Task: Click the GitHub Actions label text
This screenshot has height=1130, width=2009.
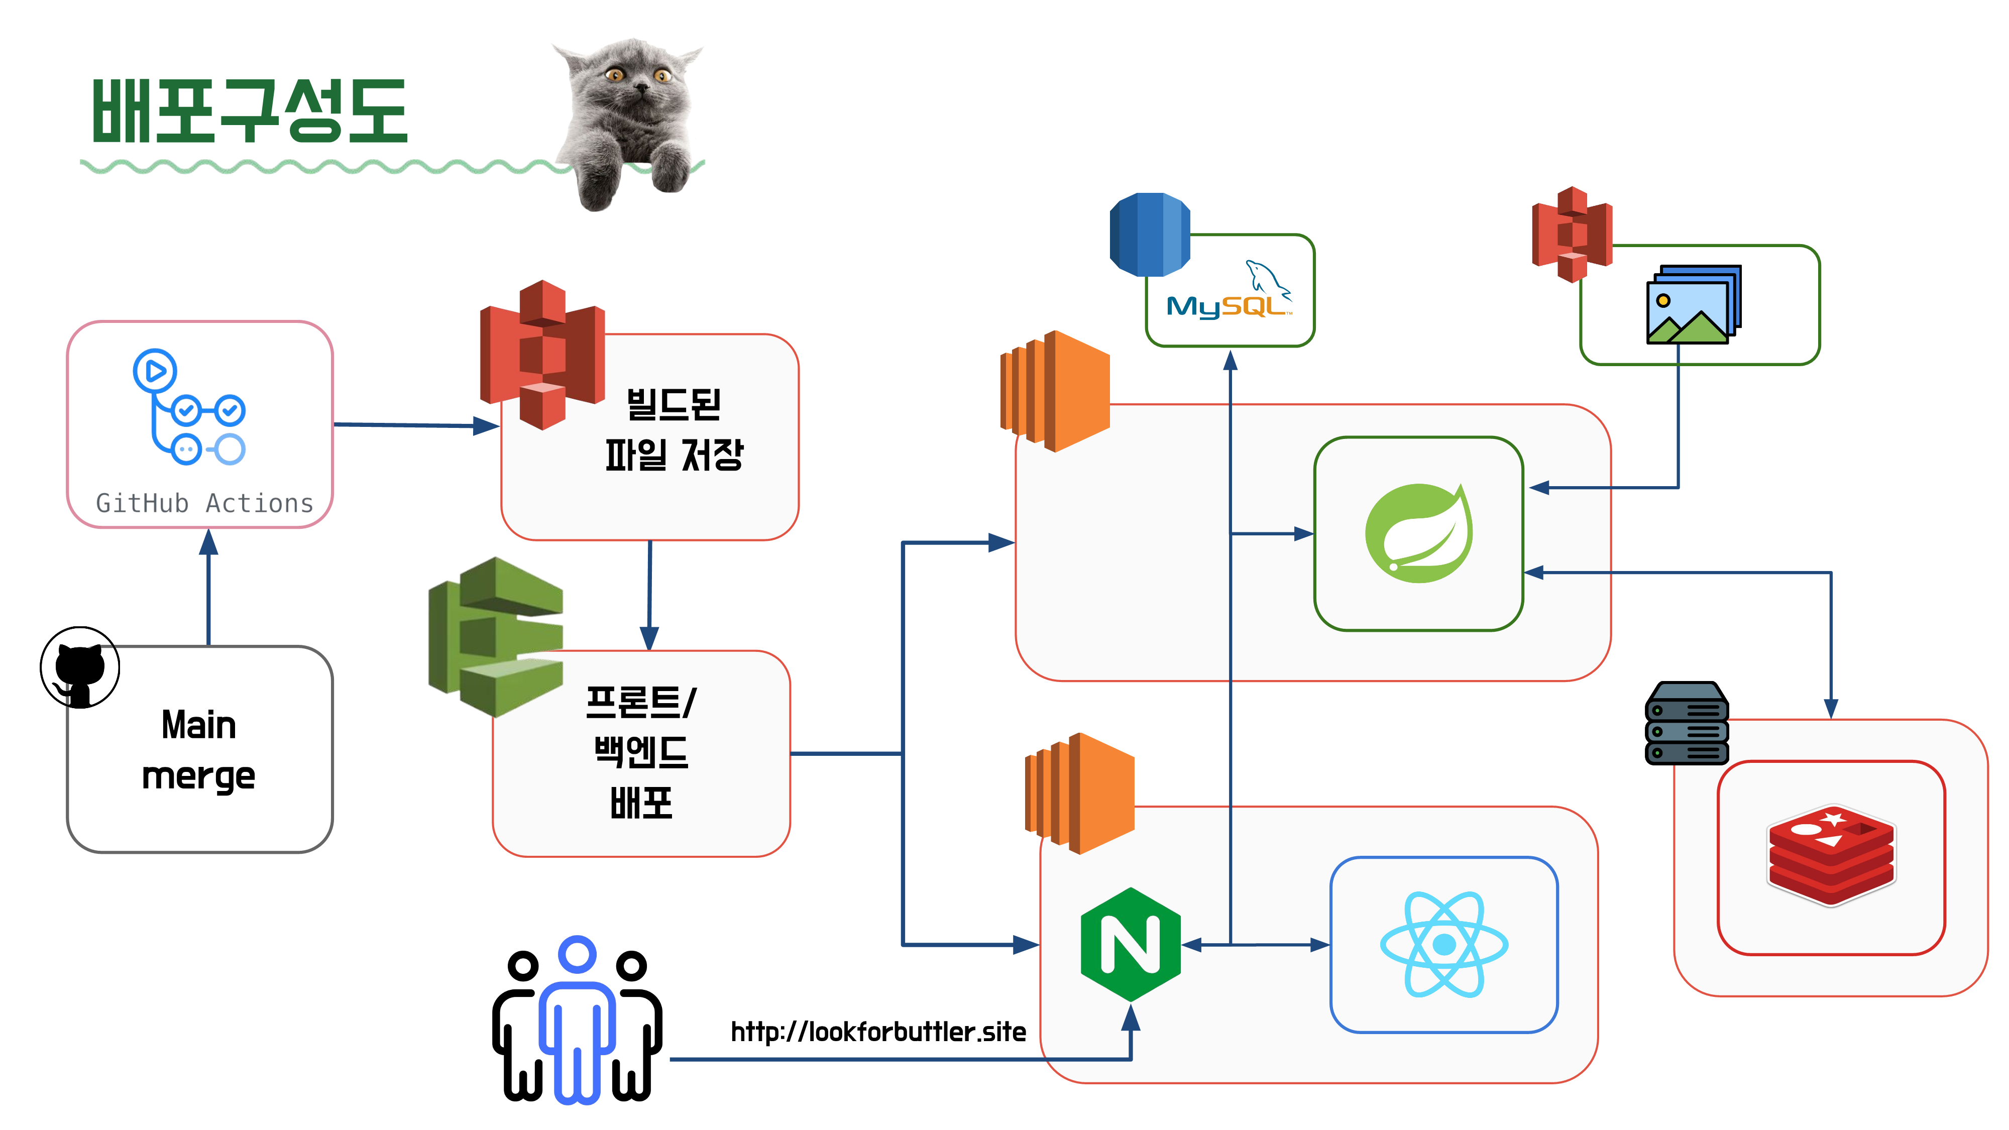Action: pyautogui.click(x=204, y=504)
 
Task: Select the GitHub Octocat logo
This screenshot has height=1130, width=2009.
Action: pyautogui.click(x=79, y=667)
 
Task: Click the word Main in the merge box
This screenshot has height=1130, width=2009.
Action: pyautogui.click(x=199, y=725)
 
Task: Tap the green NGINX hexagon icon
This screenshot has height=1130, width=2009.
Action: pyautogui.click(x=1130, y=944)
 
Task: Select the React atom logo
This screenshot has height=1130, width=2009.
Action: pyautogui.click(x=1443, y=944)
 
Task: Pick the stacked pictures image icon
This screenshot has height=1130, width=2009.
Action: pyautogui.click(x=1693, y=304)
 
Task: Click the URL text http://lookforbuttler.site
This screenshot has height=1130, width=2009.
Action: pyautogui.click(x=878, y=1032)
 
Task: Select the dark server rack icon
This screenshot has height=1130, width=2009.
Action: pyautogui.click(x=1686, y=723)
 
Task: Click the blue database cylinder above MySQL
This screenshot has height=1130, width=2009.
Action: pyautogui.click(x=1150, y=235)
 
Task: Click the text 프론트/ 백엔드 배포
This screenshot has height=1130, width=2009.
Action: pyautogui.click(x=641, y=752)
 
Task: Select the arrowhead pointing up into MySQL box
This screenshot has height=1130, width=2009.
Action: pyautogui.click(x=1231, y=360)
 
